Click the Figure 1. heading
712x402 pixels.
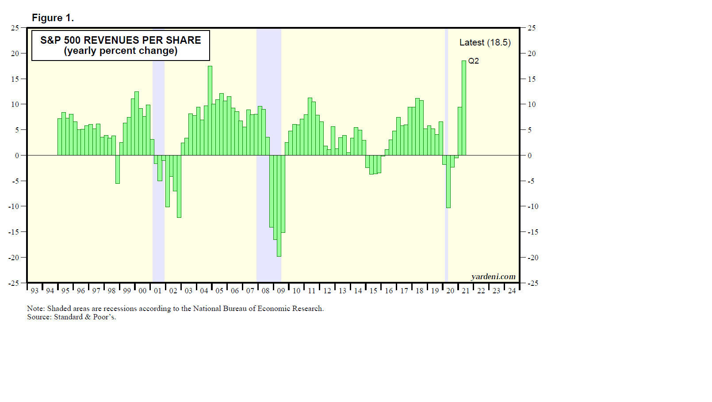point(53,18)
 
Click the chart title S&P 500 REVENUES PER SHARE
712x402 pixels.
point(120,40)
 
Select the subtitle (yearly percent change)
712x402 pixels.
point(120,51)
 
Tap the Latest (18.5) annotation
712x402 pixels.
point(485,42)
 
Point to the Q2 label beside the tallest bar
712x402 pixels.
point(473,61)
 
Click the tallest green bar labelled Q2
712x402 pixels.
point(464,108)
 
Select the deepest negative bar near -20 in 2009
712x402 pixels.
point(279,206)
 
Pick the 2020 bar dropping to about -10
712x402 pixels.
point(448,181)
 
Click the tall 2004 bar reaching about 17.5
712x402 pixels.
point(210,110)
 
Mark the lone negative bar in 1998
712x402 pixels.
point(118,169)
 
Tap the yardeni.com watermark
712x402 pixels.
point(493,277)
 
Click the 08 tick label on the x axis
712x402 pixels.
point(265,291)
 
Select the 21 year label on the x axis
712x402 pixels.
point(466,291)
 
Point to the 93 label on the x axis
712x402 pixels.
point(34,291)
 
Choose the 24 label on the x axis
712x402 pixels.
point(512,291)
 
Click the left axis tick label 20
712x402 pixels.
point(15,53)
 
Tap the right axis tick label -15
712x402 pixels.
point(532,232)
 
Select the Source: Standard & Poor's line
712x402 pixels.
point(72,317)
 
